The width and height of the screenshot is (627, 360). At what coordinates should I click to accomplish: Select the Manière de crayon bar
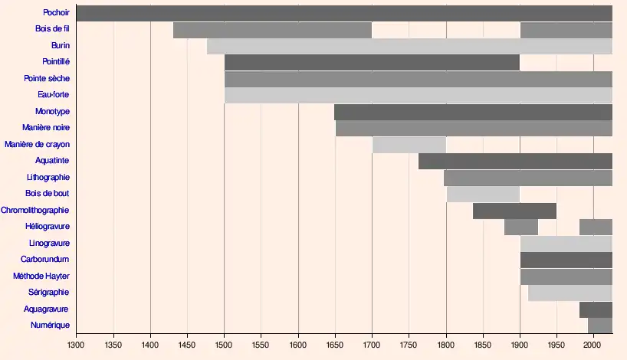coord(409,145)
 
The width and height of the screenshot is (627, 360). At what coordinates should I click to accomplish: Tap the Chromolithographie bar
coord(514,211)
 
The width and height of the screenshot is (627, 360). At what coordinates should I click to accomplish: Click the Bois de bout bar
coord(483,194)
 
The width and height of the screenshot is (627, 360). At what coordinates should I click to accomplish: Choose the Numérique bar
coord(599,326)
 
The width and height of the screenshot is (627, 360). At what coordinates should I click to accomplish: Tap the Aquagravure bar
coord(596,309)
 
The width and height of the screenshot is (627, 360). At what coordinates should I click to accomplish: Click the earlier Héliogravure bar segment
coord(521,227)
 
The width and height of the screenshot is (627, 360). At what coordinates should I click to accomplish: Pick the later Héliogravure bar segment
coord(596,227)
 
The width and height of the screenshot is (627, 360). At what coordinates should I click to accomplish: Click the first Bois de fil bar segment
coord(272,30)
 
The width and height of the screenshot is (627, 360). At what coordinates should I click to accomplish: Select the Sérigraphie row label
coord(48,293)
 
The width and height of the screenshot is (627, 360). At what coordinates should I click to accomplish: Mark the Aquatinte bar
coord(515,161)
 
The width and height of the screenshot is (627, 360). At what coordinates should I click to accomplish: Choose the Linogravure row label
coord(49,243)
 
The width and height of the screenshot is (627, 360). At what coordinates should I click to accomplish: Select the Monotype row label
coord(53,112)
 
